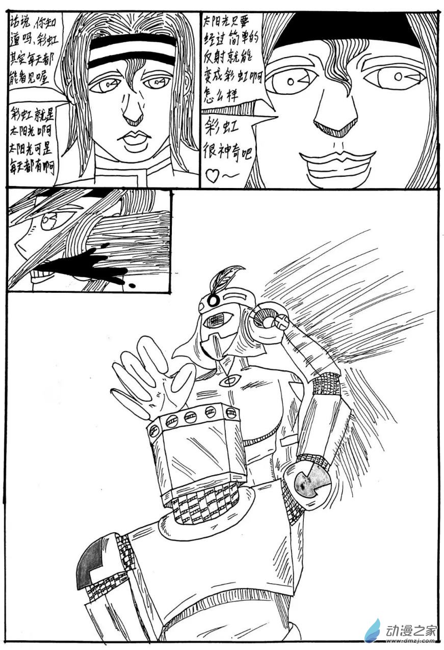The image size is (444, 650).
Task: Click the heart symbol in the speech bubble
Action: pos(211,176)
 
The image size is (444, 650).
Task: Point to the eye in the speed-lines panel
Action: pos(49,220)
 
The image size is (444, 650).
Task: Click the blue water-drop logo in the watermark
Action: pos(373,630)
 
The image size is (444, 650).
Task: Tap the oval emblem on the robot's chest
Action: pos(232,380)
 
